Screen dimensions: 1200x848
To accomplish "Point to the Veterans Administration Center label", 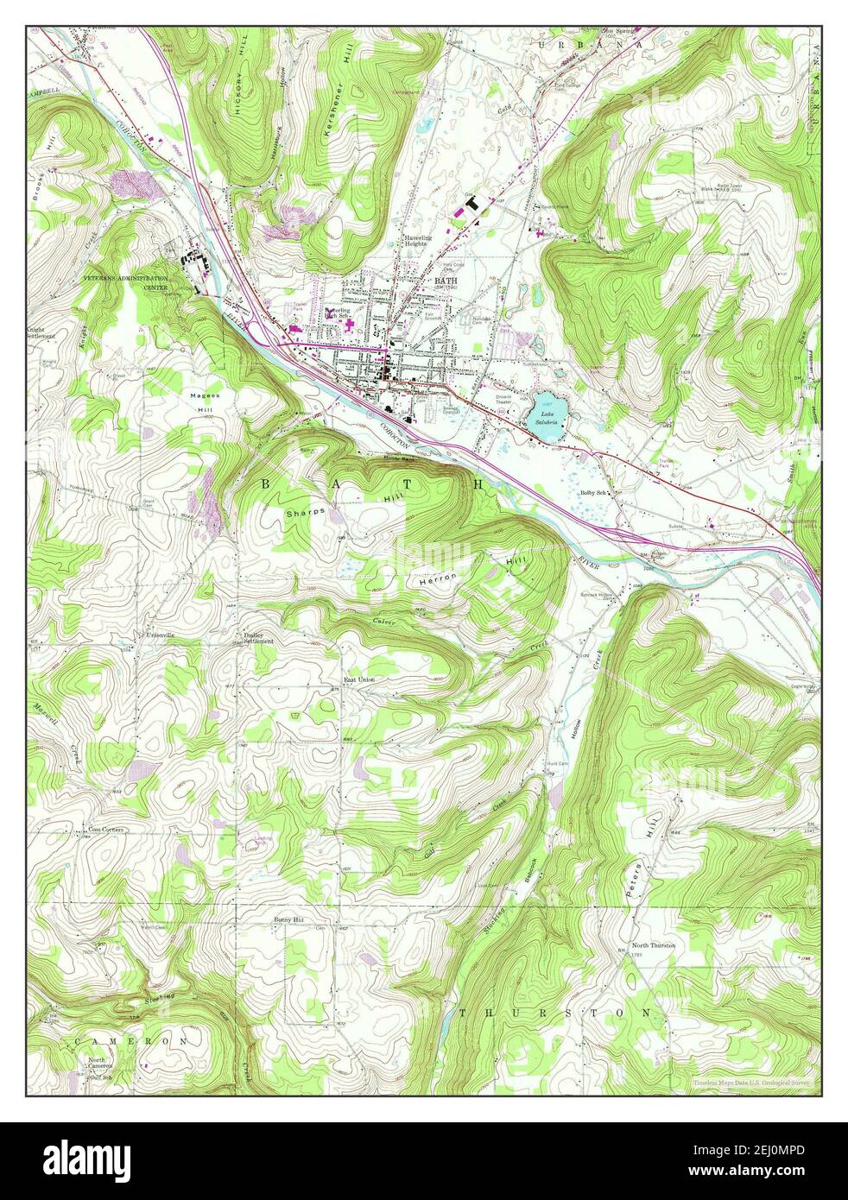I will [x=125, y=282].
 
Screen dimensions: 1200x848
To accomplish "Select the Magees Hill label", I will [x=206, y=401].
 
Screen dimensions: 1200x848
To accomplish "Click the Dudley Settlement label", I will [x=259, y=640].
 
